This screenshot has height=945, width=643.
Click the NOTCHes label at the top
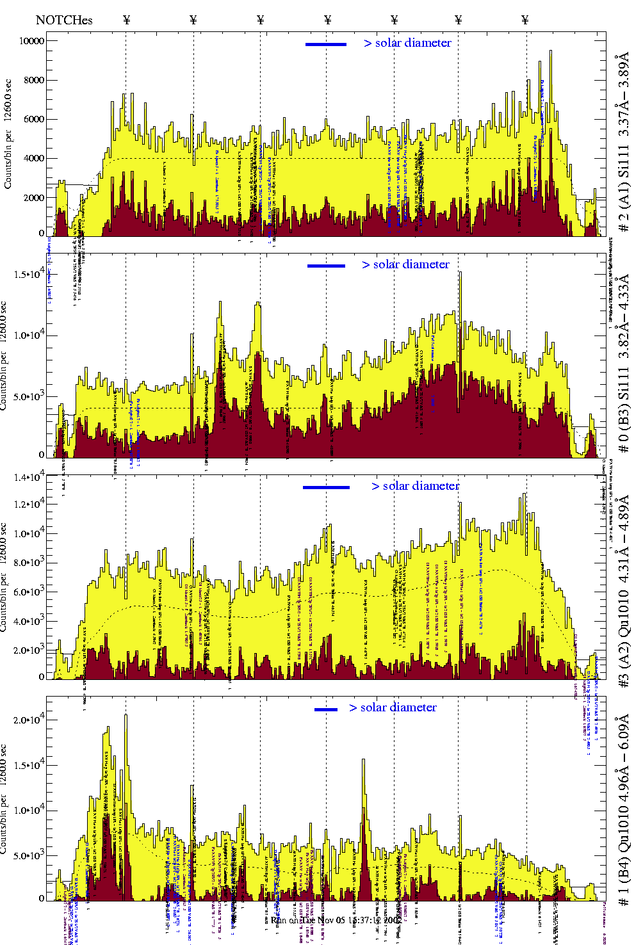[64, 20]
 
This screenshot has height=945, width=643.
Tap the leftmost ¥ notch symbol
[126, 20]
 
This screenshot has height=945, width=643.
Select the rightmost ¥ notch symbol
[525, 20]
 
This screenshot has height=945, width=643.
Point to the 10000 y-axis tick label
[31, 41]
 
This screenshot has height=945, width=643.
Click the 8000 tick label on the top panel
[33, 80]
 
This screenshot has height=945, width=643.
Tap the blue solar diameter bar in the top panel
[326, 44]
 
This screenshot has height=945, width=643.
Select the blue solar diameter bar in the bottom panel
[326, 709]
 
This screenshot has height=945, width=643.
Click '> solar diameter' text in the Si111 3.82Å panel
[405, 264]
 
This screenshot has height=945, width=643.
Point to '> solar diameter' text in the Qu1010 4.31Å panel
[416, 486]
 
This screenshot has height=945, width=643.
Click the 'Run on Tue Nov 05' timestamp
[336, 920]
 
